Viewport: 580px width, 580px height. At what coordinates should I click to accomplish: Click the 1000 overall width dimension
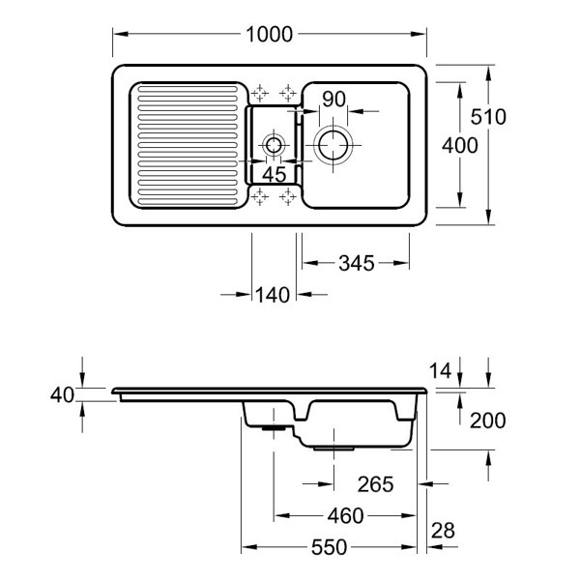[x=269, y=35]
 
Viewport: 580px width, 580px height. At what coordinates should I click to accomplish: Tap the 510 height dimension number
[x=488, y=117]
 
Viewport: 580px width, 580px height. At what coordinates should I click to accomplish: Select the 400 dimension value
[x=460, y=145]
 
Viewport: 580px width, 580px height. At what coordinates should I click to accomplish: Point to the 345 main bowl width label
[x=357, y=263]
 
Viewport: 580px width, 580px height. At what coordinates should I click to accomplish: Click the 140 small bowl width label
[x=273, y=295]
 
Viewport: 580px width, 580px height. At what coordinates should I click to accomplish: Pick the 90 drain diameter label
[x=333, y=100]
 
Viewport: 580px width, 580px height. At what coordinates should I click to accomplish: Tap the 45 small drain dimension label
[x=275, y=174]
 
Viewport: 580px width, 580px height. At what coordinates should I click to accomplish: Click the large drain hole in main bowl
[x=333, y=145]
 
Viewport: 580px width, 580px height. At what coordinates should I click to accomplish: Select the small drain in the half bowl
[x=274, y=145]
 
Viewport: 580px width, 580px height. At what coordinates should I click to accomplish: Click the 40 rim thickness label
[x=62, y=395]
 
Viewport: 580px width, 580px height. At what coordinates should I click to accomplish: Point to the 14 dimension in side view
[x=441, y=370]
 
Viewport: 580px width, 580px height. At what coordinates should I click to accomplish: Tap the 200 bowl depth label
[x=487, y=420]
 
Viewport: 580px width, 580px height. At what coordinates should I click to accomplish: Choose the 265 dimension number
[x=375, y=484]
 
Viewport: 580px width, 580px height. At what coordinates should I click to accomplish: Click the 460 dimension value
[x=345, y=516]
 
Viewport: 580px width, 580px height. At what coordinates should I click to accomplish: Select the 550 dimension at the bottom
[x=330, y=547]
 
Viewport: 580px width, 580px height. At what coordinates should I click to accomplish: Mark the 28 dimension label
[x=443, y=531]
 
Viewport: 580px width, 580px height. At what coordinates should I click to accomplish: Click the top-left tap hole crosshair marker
[x=260, y=93]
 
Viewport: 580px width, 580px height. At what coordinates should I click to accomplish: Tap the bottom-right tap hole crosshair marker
[x=288, y=196]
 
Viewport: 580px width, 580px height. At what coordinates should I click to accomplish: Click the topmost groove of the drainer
[x=188, y=89]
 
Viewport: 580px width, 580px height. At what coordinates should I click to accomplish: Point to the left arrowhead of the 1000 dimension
[x=121, y=34]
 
